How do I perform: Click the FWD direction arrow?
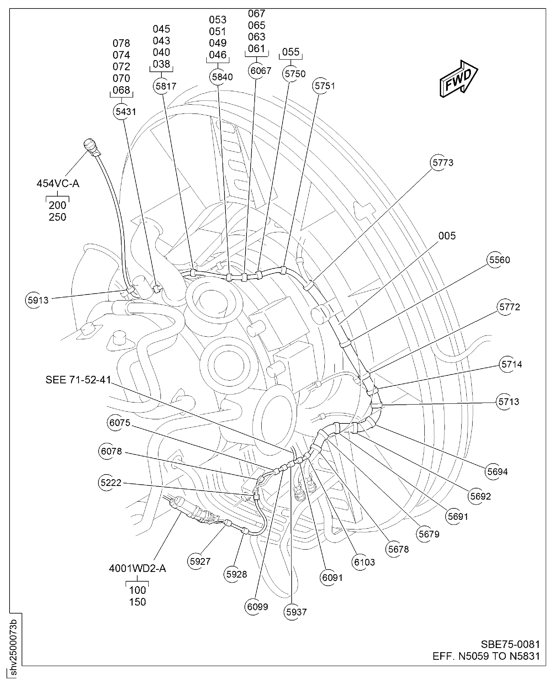pos(459,79)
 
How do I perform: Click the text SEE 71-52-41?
pos(78,380)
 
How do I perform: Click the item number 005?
pos(447,236)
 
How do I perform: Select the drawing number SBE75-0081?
pos(510,644)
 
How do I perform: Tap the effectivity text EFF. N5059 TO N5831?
pos(486,656)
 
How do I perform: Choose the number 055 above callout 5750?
pos(290,52)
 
